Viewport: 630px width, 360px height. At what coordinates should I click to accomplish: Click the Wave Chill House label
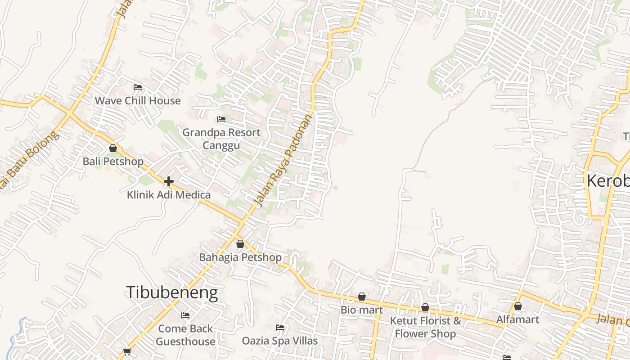137,100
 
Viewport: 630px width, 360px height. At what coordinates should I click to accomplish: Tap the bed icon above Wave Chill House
138,87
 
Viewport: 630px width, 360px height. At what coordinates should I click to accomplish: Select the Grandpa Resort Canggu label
221,139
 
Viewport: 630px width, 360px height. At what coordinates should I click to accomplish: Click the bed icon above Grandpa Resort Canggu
221,119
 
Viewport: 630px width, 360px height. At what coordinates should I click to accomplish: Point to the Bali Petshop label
113,161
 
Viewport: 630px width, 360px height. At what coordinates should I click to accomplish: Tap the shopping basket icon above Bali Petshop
113,148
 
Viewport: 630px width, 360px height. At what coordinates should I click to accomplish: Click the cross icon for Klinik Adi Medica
169,181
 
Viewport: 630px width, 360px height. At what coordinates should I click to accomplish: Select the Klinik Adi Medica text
169,195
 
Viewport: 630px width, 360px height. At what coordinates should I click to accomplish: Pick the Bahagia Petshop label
240,257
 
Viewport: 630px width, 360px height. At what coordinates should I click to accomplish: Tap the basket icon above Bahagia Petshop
240,244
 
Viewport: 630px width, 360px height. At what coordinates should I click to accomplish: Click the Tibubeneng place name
172,292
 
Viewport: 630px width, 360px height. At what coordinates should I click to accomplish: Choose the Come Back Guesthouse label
185,335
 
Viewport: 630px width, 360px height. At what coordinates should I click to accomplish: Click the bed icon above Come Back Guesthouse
185,315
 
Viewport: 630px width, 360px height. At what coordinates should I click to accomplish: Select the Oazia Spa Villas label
280,341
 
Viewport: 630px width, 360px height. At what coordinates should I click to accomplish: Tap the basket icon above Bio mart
362,297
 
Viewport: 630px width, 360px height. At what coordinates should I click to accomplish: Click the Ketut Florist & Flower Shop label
425,327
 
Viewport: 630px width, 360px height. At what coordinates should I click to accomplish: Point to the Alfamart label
517,319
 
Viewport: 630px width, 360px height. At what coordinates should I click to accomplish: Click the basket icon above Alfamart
518,306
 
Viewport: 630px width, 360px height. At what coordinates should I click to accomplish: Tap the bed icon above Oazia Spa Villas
280,328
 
